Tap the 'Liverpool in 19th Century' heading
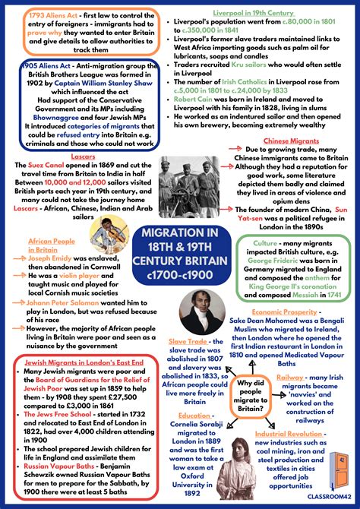253,14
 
